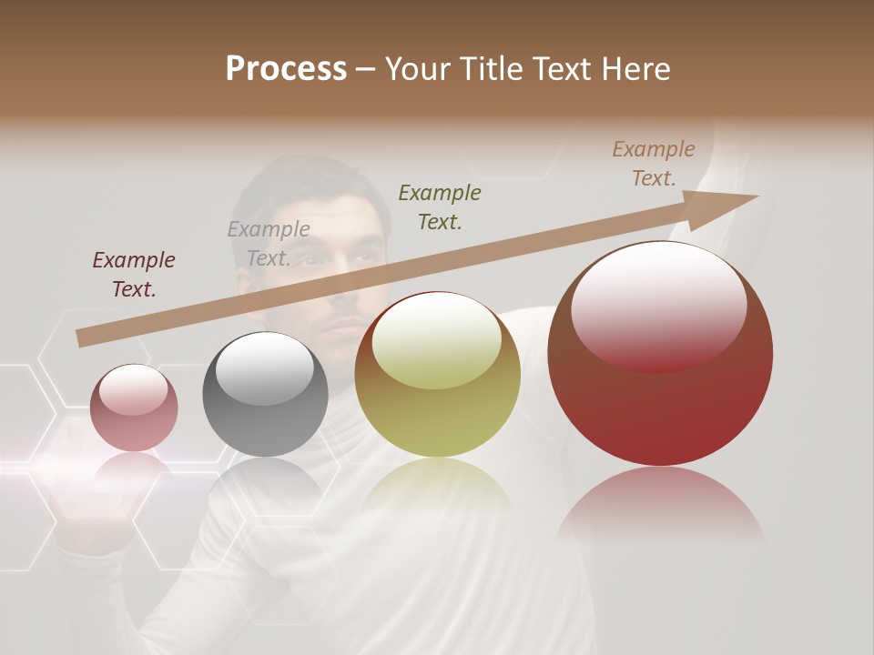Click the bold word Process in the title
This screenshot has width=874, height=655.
[286, 69]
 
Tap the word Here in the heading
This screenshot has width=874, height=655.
[636, 69]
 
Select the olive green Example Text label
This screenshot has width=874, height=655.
[440, 207]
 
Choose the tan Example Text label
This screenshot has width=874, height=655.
[654, 164]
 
